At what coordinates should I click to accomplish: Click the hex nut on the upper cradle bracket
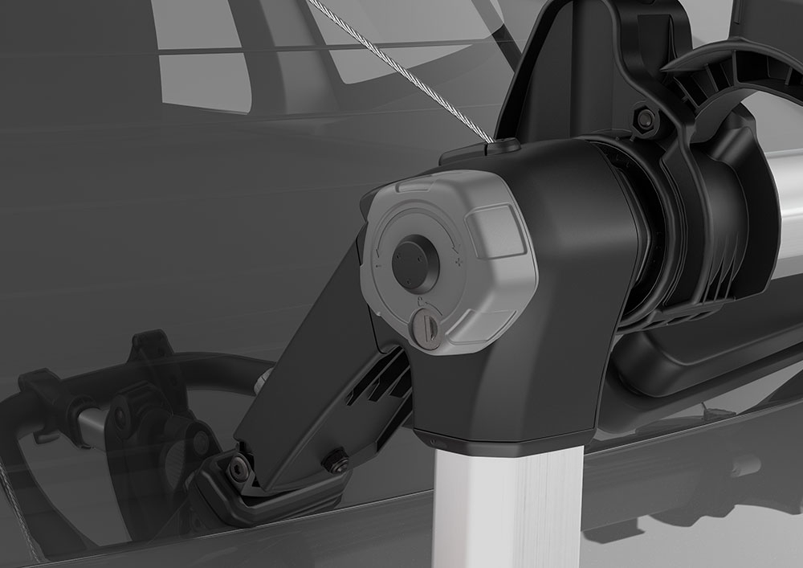click(x=644, y=119)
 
